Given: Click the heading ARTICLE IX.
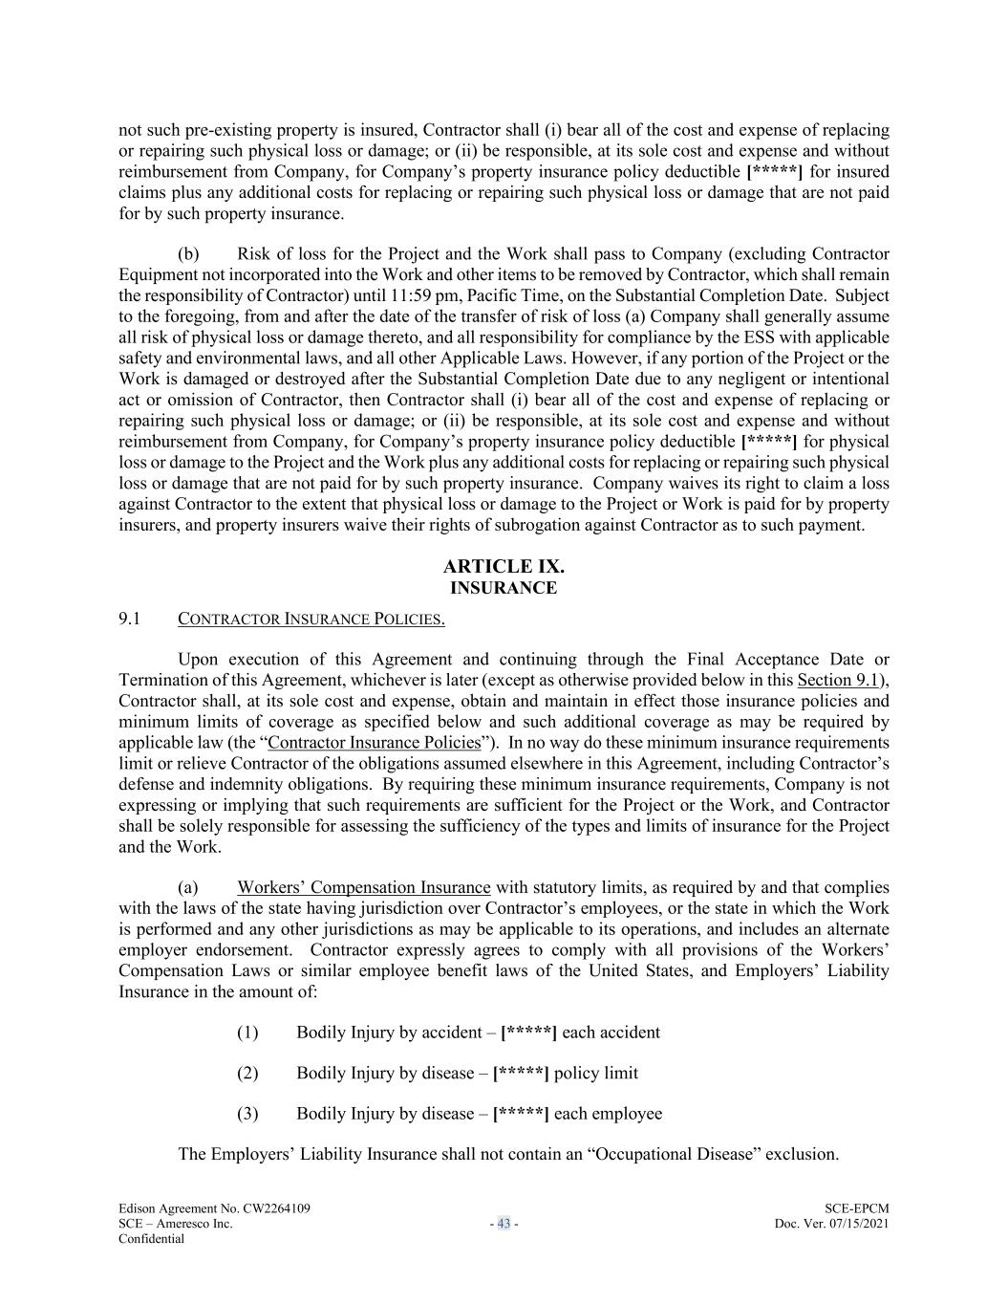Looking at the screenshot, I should (x=504, y=567).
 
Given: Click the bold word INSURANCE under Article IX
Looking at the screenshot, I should (x=504, y=588).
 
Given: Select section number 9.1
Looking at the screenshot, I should (x=129, y=619).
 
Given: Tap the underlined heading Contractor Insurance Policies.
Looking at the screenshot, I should (x=311, y=619).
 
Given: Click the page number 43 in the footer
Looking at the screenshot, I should (x=504, y=1224).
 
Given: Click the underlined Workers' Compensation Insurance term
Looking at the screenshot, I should (x=364, y=887).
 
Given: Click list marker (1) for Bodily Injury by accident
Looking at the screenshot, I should (x=247, y=1033).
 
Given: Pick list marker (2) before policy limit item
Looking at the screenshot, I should (x=247, y=1073).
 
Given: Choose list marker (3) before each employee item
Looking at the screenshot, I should (x=247, y=1114).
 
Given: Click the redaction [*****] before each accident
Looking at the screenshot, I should (x=528, y=1033).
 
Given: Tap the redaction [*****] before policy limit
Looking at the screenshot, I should (x=521, y=1073).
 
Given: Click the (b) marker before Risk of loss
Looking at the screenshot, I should (x=188, y=253).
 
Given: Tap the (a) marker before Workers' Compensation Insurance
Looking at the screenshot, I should (x=188, y=887).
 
